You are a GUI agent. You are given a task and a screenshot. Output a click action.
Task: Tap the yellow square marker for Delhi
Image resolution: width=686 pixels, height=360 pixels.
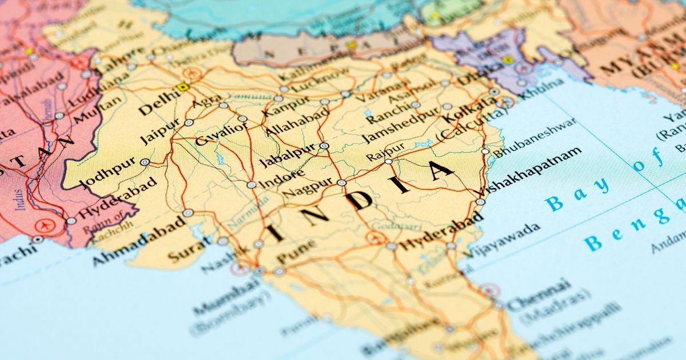(183, 87)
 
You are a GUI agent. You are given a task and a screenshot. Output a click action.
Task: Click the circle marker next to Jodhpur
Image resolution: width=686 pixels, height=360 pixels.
(145, 162)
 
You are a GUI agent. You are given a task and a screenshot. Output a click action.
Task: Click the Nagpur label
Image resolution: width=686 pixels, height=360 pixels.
(308, 186)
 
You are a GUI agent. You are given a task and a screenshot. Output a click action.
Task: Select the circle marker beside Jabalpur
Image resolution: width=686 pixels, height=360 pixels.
(324, 146)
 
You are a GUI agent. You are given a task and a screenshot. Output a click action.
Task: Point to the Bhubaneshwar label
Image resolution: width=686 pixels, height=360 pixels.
(535, 138)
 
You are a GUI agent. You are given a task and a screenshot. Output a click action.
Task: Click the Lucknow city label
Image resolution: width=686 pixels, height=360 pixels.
(320, 81)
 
